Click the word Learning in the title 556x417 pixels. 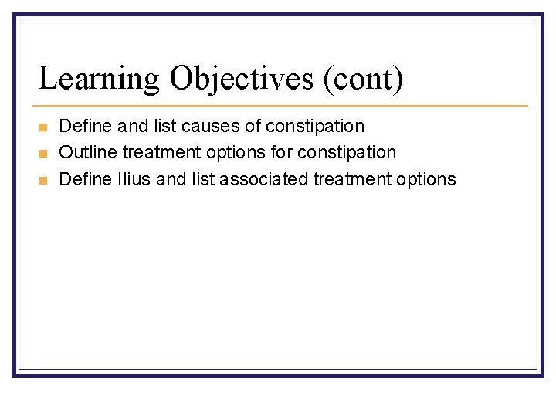(99, 80)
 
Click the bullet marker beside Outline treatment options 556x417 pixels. (43, 154)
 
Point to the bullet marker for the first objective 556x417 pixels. (43, 127)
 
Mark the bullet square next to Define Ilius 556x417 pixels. (43, 181)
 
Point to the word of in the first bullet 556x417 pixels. (253, 126)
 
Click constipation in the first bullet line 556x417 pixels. (315, 126)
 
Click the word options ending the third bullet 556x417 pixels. (426, 180)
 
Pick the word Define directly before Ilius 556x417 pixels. (85, 180)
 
